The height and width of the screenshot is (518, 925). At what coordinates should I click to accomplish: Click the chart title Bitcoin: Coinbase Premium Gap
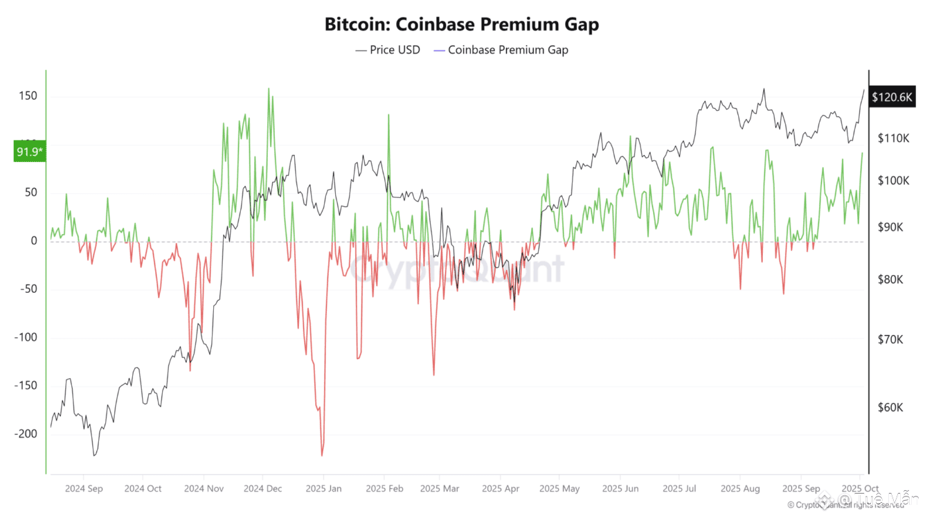point(462,24)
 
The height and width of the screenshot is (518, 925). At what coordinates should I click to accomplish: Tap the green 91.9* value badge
point(29,152)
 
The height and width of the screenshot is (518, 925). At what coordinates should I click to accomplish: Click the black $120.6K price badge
point(892,97)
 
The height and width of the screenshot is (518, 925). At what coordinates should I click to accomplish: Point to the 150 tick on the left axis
point(27,96)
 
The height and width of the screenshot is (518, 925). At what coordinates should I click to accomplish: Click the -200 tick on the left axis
point(24,434)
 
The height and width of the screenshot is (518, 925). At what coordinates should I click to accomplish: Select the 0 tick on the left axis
point(33,241)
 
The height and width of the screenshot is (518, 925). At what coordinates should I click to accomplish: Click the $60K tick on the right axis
point(890,407)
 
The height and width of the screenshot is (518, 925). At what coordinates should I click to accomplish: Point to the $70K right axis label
point(890,340)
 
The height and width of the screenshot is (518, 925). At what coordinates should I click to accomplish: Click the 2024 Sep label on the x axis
point(84,488)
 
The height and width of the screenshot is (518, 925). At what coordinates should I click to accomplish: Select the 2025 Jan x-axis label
point(323,488)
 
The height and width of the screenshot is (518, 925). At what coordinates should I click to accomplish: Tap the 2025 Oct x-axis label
point(859,488)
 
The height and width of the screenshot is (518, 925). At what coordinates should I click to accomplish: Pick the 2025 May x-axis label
point(560,488)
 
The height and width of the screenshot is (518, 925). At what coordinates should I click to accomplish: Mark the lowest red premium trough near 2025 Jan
point(322,455)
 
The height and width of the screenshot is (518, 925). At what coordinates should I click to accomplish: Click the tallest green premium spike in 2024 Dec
point(269,89)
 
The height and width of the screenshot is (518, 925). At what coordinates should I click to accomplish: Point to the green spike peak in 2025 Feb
point(388,115)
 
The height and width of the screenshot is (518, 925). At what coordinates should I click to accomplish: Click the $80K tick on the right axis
point(890,280)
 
